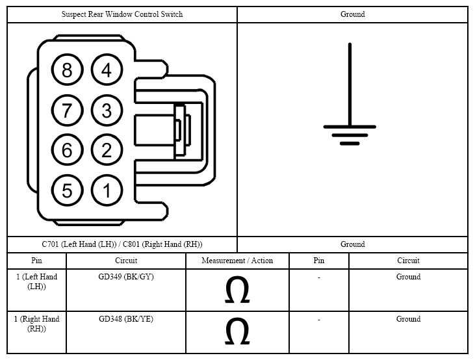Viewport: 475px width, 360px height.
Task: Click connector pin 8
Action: [x=67, y=70]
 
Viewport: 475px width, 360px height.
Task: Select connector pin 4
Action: [x=107, y=70]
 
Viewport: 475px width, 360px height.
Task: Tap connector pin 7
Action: [x=67, y=110]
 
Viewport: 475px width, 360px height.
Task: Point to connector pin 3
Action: [x=107, y=110]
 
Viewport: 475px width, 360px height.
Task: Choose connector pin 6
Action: [x=67, y=150]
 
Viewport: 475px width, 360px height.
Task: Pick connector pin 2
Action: [x=107, y=150]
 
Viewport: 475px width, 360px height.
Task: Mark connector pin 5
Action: [x=67, y=190]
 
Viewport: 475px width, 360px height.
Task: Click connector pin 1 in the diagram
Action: [x=107, y=190]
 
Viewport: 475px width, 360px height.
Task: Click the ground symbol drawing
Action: [x=350, y=94]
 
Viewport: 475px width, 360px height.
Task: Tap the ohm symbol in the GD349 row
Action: [x=237, y=289]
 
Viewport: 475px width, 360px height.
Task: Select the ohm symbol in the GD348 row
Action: [x=237, y=331]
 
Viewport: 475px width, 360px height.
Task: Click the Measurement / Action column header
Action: [x=237, y=261]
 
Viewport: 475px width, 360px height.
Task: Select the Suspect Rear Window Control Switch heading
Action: [x=122, y=14]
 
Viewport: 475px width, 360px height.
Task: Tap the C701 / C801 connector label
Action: [x=122, y=244]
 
